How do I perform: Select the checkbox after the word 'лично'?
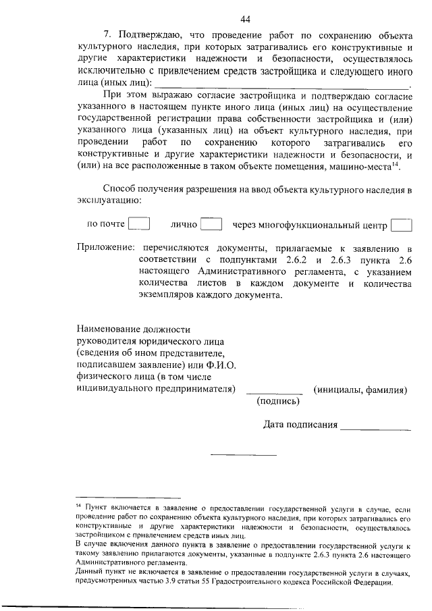(211, 224)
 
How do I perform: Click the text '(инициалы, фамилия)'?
(360, 390)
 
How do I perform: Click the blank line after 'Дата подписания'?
(376, 428)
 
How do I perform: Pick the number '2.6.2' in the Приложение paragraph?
(290, 261)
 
